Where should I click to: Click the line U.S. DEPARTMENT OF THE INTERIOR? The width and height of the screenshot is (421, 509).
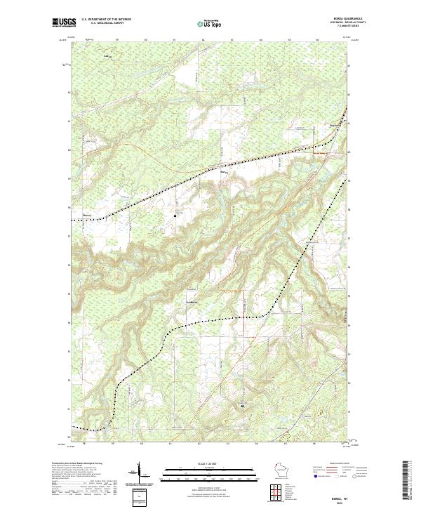[x=106, y=20]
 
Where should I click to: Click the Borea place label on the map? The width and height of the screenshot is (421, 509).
[x=225, y=171]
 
